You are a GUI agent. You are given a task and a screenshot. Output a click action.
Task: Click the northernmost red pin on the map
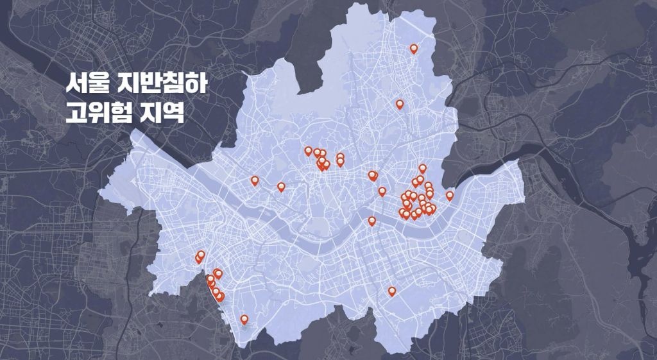[x=414, y=48]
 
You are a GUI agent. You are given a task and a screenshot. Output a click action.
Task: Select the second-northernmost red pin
[x=400, y=103]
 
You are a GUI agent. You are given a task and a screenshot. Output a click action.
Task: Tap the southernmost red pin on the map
[x=244, y=319]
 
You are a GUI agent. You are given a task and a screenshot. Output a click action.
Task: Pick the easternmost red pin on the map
[x=450, y=195]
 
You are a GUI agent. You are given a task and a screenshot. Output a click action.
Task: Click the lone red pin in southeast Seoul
[x=392, y=291]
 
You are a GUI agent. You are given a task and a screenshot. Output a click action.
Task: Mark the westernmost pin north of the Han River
[x=255, y=180]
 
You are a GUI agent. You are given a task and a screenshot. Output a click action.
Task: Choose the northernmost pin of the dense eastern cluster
[x=422, y=168]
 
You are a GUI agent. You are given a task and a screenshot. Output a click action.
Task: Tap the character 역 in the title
[x=176, y=113]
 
